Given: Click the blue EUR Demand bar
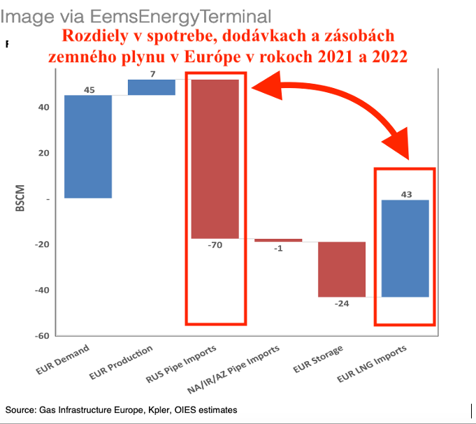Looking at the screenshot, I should tap(88, 147).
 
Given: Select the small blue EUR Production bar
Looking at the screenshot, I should tap(152, 87).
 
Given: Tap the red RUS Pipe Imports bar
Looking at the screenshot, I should tap(215, 159).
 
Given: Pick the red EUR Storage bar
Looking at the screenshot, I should tap(342, 269).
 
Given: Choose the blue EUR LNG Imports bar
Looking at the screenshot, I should tap(405, 248).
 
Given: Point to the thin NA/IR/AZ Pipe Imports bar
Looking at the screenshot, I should tap(278, 240).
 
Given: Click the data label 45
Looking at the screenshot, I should tap(89, 90).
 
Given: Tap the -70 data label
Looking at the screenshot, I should tap(215, 245).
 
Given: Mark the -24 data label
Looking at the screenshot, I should tap(342, 304).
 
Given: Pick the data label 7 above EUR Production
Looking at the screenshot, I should tap(152, 74).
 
